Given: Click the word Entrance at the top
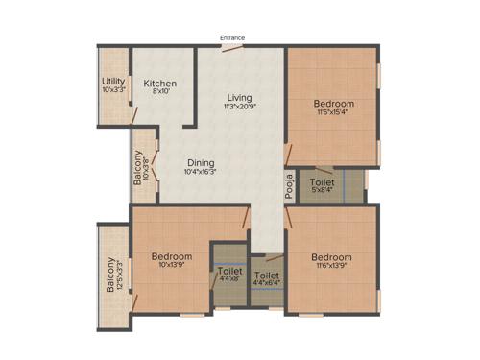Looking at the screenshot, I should [x=232, y=38].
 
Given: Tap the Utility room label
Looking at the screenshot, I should [x=113, y=82].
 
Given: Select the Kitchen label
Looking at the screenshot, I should [x=159, y=84].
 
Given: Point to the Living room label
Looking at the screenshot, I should [x=239, y=98].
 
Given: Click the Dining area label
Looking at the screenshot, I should [x=201, y=162].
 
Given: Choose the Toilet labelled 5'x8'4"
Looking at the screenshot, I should [x=323, y=180].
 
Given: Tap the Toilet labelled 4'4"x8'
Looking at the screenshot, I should [x=229, y=272].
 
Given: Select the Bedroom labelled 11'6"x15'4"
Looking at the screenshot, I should [x=334, y=104].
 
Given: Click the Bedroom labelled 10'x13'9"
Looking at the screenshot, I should [x=172, y=256].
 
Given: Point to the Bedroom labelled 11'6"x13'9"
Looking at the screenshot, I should [x=331, y=257].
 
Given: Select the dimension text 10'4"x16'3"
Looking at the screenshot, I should [x=201, y=173].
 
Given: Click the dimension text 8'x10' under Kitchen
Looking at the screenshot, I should [x=159, y=93].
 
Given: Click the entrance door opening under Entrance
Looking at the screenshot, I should [x=233, y=45].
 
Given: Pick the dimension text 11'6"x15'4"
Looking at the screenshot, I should [x=334, y=114].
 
